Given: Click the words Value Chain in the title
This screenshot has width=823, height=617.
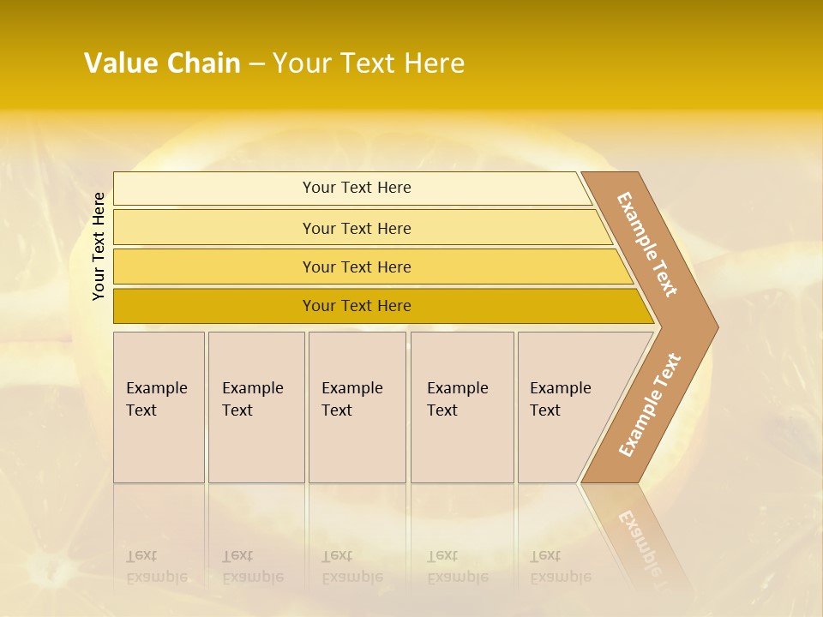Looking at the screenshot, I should (162, 63).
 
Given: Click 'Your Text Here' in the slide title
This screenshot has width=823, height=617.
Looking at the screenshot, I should (369, 63).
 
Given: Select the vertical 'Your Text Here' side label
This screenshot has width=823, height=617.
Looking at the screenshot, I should (99, 246).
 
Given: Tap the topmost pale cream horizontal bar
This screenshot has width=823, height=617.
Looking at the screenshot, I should (214, 189).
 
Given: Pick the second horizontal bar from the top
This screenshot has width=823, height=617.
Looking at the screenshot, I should (214, 228).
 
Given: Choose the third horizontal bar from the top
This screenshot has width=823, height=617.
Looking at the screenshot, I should (214, 267).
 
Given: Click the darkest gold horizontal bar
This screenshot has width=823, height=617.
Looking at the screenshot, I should (214, 306).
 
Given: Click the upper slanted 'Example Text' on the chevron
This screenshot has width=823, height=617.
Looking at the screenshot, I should (647, 244).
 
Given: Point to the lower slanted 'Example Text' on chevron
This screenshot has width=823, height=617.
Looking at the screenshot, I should (650, 405).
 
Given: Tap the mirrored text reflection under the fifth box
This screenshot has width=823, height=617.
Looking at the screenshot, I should (560, 566).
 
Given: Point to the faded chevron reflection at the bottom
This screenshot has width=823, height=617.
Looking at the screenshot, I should (643, 540).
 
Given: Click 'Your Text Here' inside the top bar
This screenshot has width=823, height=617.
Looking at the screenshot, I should (357, 188).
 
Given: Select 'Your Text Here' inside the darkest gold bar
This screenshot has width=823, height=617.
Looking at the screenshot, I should (357, 306).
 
